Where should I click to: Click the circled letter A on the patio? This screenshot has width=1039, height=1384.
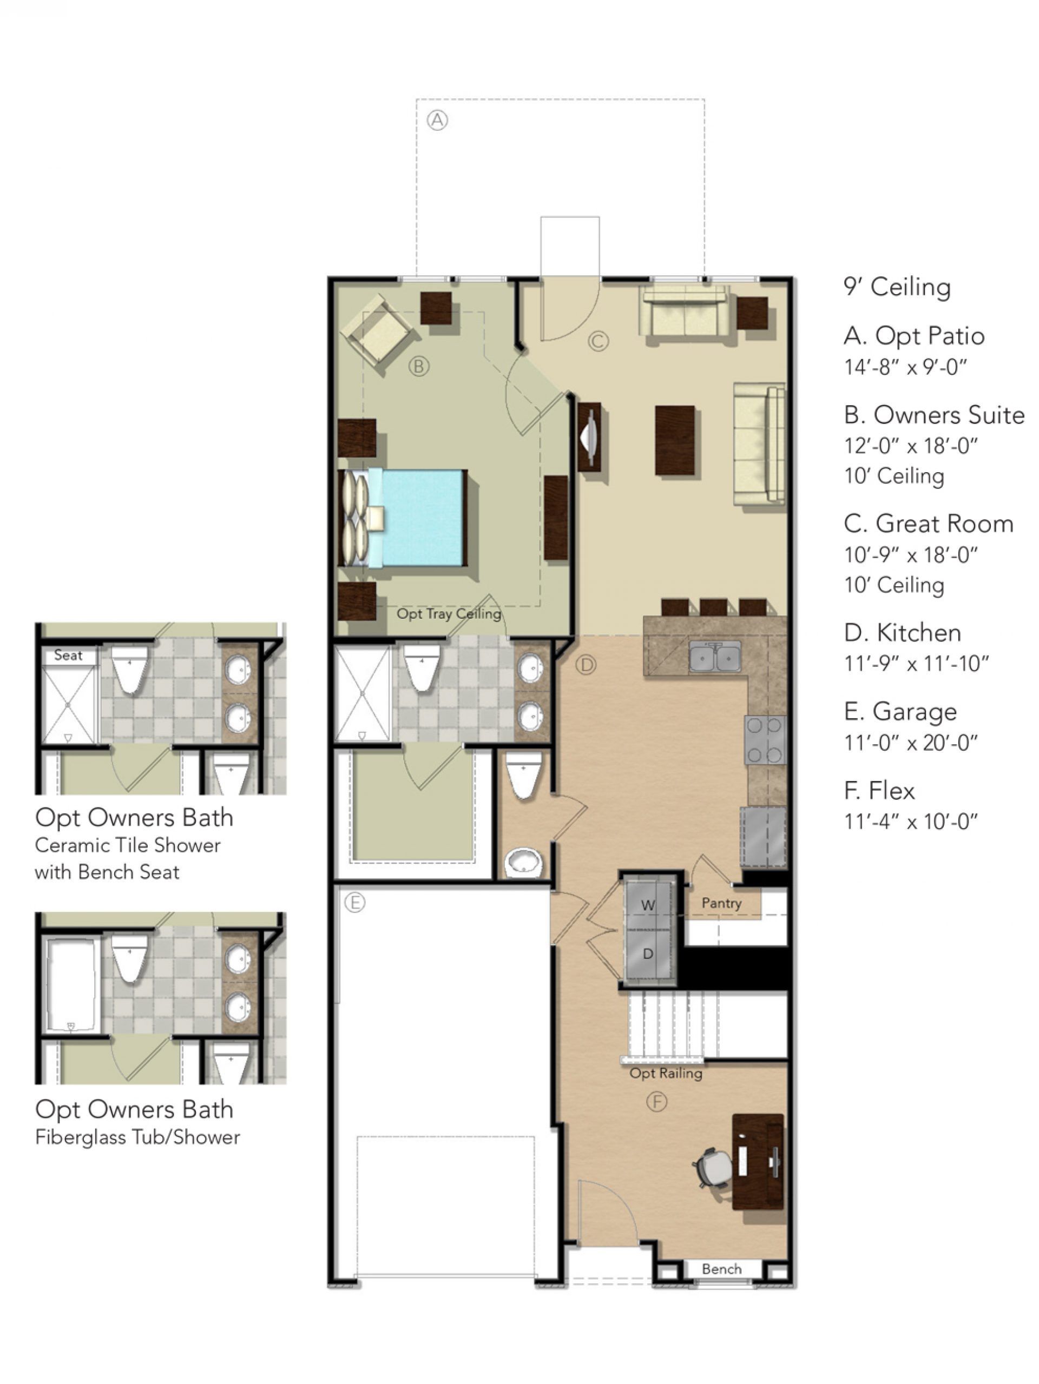(x=437, y=120)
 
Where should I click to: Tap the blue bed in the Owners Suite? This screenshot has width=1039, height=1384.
(x=423, y=518)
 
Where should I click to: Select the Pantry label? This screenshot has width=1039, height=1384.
(x=721, y=903)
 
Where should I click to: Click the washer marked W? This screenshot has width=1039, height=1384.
(x=648, y=905)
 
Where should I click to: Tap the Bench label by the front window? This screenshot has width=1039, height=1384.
(x=721, y=1269)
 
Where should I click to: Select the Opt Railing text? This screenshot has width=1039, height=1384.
(x=665, y=1073)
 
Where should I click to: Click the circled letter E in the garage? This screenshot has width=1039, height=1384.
(x=355, y=902)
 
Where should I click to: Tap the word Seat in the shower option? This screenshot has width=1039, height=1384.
(x=68, y=655)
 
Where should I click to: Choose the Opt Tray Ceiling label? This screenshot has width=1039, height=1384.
(x=449, y=614)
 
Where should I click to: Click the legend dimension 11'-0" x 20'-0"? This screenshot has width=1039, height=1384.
(x=911, y=743)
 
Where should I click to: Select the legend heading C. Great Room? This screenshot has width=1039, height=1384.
(x=928, y=524)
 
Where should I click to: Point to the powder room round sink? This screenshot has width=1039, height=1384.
(x=523, y=862)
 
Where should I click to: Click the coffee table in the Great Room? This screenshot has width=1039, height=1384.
(x=674, y=440)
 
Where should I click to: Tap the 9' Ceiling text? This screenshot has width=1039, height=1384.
(x=897, y=287)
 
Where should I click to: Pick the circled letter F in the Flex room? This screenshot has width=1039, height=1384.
(x=656, y=1102)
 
